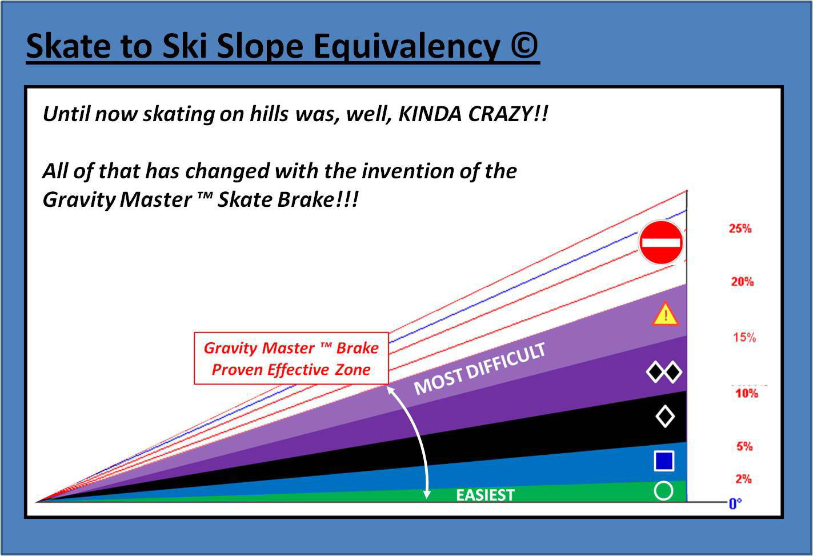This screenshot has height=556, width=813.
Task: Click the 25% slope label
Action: click(x=740, y=229)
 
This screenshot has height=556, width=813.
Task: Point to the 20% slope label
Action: click(x=742, y=282)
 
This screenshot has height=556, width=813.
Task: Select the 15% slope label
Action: click(x=744, y=338)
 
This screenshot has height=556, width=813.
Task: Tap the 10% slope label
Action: click(x=747, y=393)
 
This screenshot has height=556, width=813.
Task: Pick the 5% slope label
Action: click(x=744, y=446)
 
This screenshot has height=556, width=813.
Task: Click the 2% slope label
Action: click(x=743, y=479)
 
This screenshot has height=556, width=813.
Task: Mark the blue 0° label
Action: click(x=735, y=504)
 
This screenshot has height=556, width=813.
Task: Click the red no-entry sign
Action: click(x=660, y=242)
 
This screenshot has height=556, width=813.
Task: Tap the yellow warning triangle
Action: click(x=665, y=314)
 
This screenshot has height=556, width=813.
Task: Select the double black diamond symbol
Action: click(x=664, y=372)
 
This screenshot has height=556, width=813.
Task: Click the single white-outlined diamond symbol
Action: click(x=665, y=417)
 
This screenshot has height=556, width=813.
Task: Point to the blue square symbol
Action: click(x=664, y=461)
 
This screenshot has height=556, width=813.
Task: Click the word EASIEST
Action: click(x=485, y=495)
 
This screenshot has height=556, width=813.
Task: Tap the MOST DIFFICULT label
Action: click(x=479, y=369)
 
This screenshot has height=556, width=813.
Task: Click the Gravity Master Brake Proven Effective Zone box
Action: click(x=291, y=358)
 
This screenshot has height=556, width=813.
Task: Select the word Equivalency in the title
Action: click(x=407, y=46)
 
